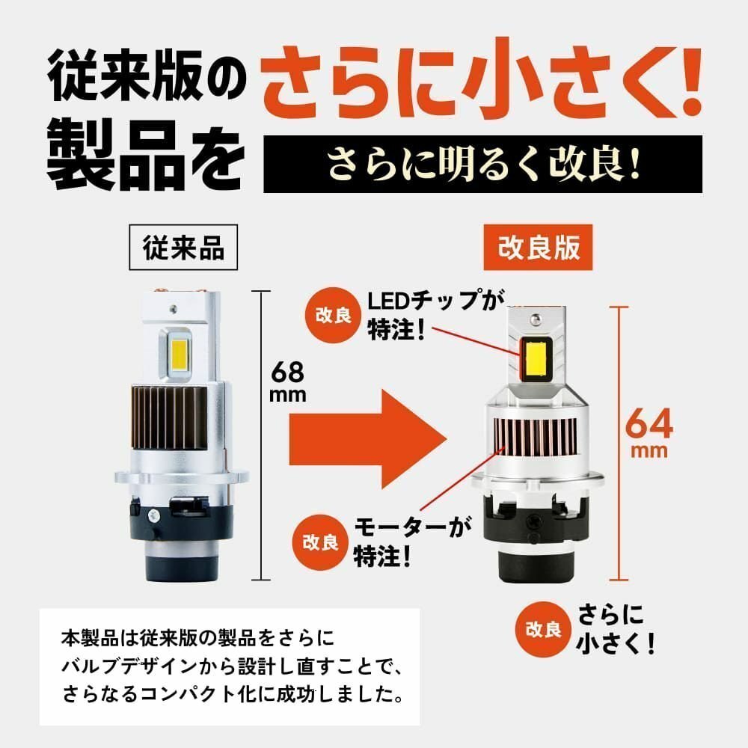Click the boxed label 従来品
click(x=183, y=248)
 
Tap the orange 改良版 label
click(x=539, y=248)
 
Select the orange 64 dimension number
click(x=649, y=423)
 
